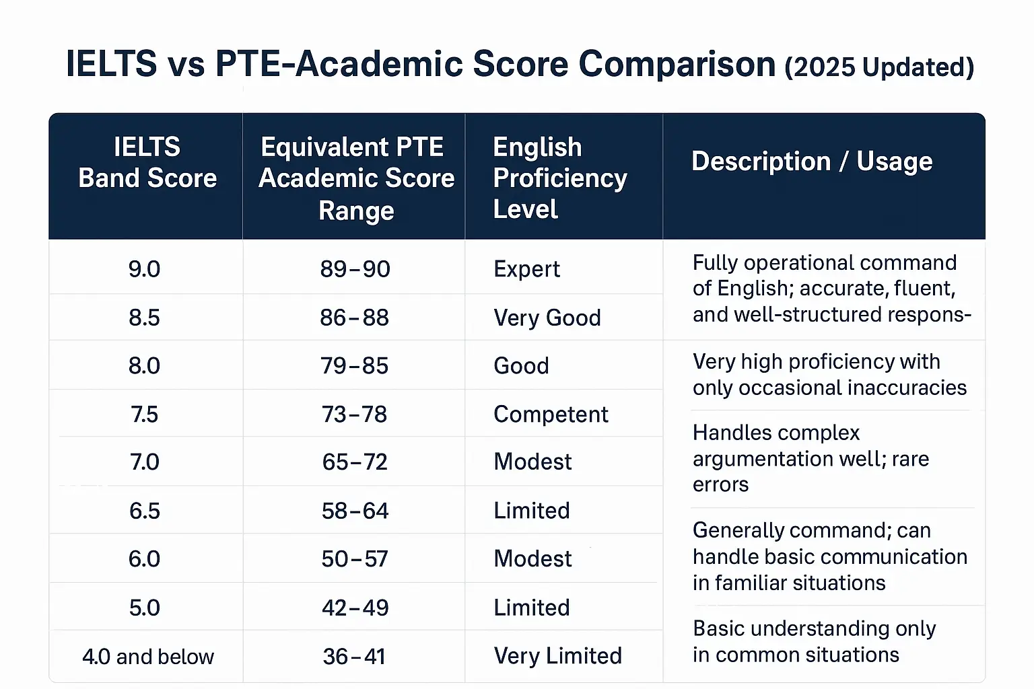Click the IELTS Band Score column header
147,162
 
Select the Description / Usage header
812,161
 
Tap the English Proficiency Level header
559,178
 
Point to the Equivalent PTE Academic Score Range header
355,178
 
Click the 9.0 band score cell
144,269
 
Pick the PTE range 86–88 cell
355,318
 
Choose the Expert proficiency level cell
526,269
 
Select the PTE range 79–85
355,366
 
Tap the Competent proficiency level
551,414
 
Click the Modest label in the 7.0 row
532,462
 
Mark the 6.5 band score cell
144,511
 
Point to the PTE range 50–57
355,559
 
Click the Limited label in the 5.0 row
532,608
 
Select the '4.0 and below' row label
147,656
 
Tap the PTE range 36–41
354,656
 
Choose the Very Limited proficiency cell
557,656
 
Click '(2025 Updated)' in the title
879,67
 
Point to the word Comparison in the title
677,65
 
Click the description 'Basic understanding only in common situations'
813,641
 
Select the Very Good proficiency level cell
547,318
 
